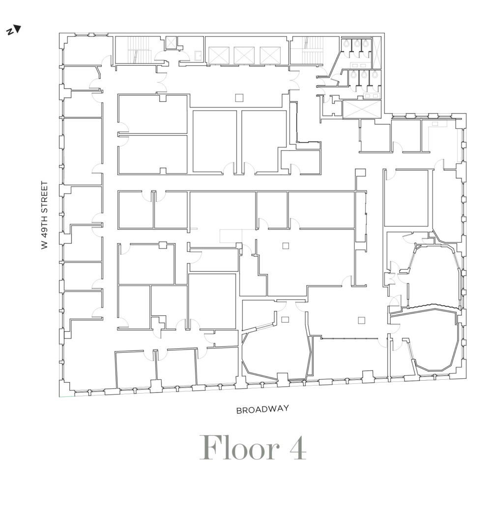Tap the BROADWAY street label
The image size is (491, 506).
[x=262, y=410]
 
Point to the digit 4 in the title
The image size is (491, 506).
[x=298, y=448]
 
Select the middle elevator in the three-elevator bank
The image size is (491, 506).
[x=244, y=56]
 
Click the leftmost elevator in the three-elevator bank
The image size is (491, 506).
[x=219, y=56]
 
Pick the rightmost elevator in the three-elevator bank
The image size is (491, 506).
[x=270, y=56]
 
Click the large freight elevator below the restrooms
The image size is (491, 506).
[x=362, y=109]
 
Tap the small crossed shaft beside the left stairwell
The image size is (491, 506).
[x=171, y=42]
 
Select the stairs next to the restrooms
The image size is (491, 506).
[x=307, y=50]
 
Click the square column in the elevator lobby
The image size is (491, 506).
[x=239, y=97]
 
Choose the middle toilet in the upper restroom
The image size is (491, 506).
[x=357, y=43]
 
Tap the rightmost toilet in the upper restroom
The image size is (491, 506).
[x=365, y=43]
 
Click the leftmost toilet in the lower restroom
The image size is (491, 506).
[x=354, y=75]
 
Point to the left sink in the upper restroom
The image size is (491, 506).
[x=354, y=65]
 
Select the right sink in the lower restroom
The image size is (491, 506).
[x=375, y=96]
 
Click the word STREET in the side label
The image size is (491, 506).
[x=45, y=193]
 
